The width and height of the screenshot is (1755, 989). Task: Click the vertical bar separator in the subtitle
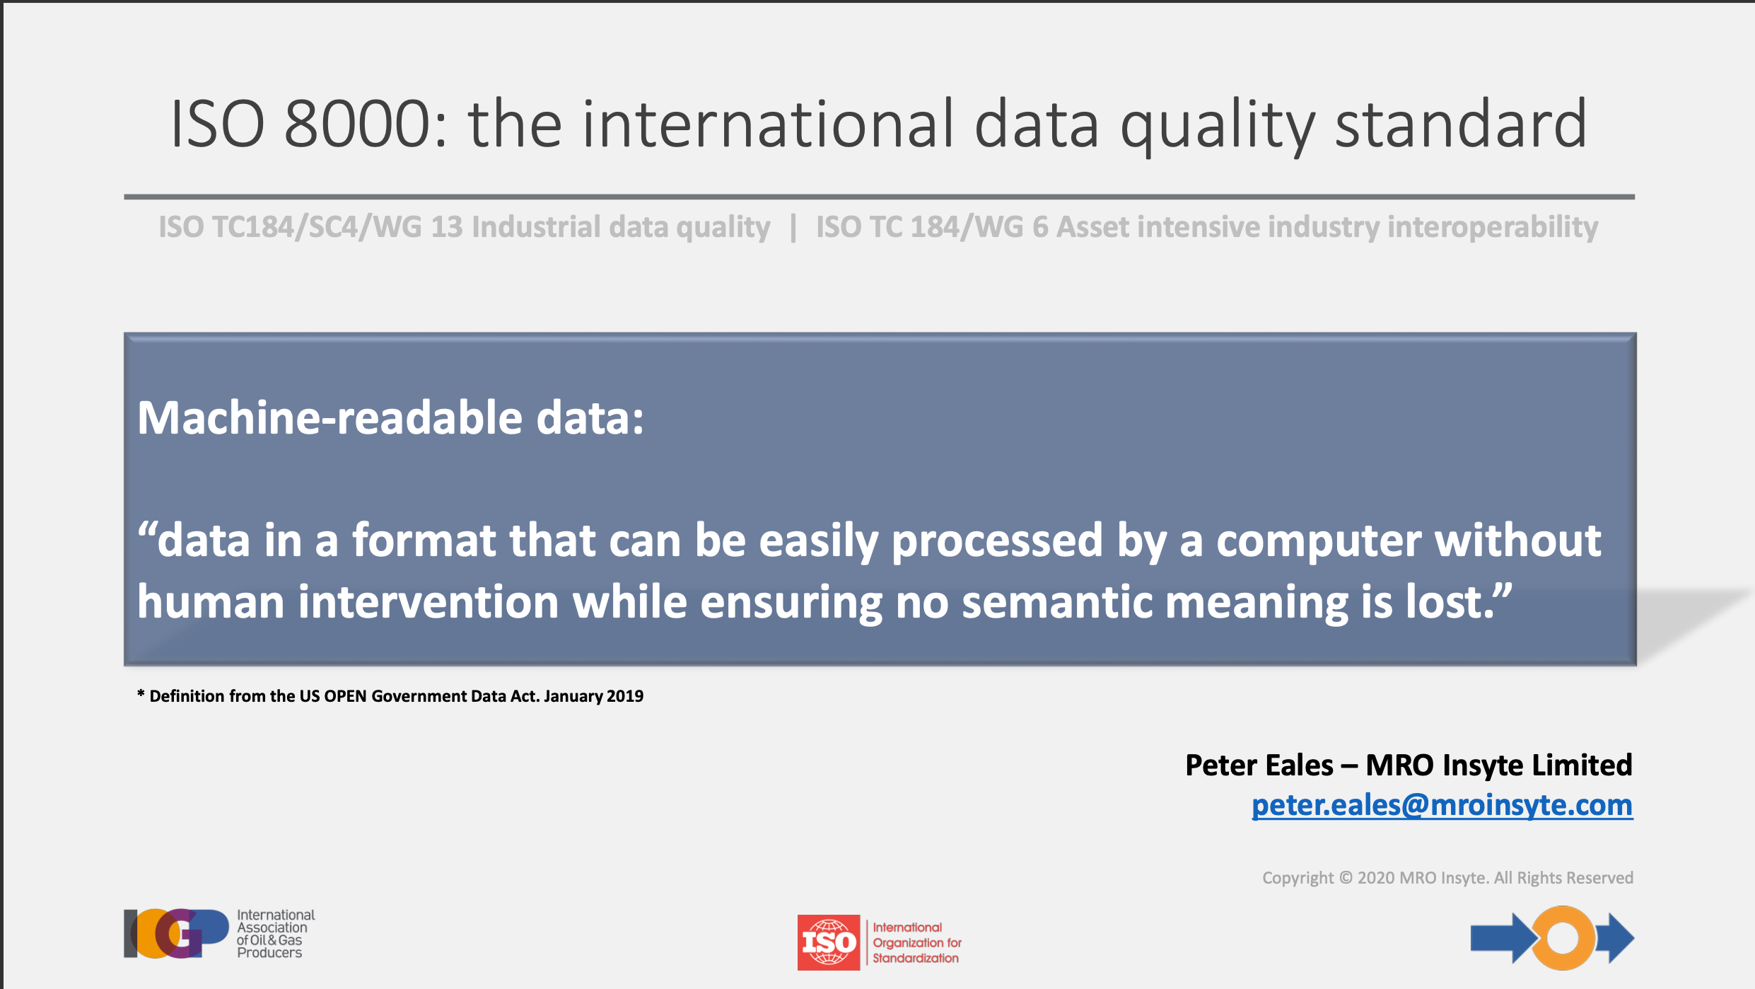pos(793,227)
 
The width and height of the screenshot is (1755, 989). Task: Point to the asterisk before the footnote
pos(141,694)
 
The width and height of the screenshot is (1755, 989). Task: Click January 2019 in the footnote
pos(594,696)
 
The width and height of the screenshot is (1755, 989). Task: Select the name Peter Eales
pos(1259,765)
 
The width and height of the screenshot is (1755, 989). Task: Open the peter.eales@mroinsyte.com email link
pos(1442,805)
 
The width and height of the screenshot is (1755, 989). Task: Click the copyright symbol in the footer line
pos(1346,878)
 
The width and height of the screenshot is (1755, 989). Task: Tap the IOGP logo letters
pos(176,934)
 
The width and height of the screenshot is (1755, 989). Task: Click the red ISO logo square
pos(829,942)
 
